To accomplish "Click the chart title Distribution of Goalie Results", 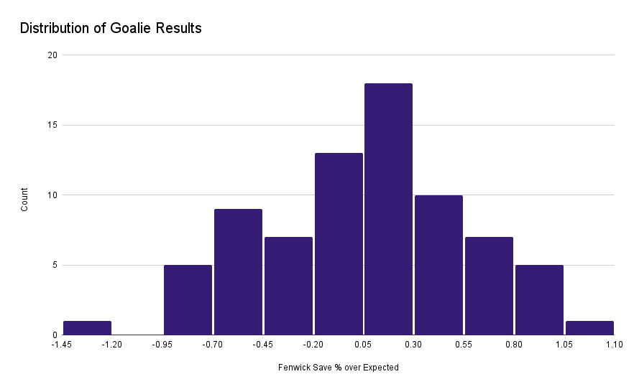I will coord(111,29).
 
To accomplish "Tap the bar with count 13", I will coord(339,244).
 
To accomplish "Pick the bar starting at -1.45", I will coord(87,328).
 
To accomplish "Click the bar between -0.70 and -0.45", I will coord(238,272).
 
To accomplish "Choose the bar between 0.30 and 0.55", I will coord(438,265).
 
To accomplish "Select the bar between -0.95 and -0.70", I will coord(188,300).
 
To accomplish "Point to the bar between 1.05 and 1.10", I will coord(589,328).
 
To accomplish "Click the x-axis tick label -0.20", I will coord(313,345).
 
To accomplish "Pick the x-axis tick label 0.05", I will coord(364,345).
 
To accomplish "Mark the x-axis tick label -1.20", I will coord(112,345).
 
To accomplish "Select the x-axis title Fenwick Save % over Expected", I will coord(338,368).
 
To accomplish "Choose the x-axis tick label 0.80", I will coord(514,345).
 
